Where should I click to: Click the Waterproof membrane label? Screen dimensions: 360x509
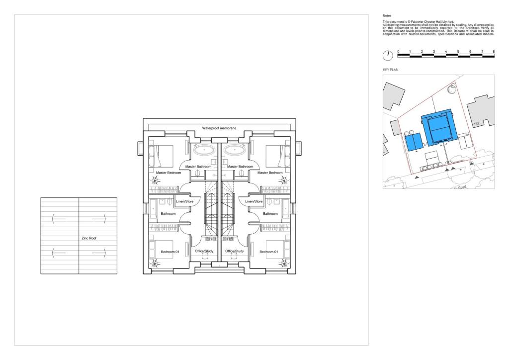(219, 128)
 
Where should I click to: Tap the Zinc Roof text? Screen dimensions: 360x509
(89, 238)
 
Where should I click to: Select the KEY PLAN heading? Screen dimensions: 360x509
(391, 70)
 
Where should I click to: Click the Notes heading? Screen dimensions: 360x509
(387, 15)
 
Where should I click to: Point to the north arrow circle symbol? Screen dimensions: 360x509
(388, 55)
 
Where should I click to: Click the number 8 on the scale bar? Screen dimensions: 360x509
(494, 51)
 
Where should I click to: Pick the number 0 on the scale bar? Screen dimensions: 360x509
(398, 51)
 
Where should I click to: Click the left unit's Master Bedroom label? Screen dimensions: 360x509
(168, 173)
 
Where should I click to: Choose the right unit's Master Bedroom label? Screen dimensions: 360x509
(270, 173)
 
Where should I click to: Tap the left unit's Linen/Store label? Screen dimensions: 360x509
(185, 201)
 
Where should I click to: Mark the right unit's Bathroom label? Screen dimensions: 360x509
(270, 214)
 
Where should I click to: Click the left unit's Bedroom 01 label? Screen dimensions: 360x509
(170, 252)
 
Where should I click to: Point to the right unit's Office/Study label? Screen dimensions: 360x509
(235, 251)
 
